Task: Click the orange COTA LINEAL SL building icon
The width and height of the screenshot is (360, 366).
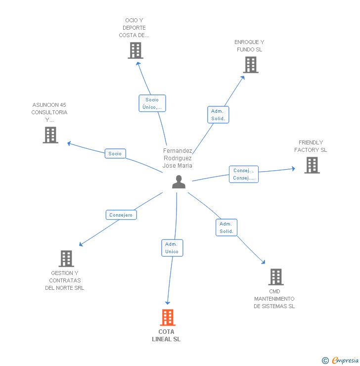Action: click(168, 317)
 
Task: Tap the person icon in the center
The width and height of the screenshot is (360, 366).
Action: click(179, 182)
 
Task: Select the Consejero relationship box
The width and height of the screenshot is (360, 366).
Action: click(121, 215)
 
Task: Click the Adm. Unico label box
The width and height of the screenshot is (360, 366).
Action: click(172, 248)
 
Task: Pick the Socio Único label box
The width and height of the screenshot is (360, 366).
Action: click(152, 103)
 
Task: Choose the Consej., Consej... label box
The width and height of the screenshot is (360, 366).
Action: click(244, 174)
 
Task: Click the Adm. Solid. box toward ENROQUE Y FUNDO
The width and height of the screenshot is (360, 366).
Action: click(218, 115)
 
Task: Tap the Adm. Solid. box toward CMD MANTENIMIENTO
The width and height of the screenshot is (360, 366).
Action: click(226, 228)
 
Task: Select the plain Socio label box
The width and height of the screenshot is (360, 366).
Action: click(115, 153)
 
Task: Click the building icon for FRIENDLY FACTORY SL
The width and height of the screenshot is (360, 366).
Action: click(312, 165)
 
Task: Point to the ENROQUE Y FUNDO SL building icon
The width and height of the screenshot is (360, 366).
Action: click(251, 65)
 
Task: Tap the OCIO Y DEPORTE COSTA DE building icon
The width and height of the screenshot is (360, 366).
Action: click(135, 50)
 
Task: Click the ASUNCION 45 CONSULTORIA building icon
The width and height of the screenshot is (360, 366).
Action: click(50, 135)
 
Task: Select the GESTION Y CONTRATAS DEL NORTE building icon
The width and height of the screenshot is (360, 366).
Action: click(66, 259)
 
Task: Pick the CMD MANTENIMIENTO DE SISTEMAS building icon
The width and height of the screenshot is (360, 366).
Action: click(276, 277)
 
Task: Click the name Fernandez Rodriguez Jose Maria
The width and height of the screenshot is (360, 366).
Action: click(178, 158)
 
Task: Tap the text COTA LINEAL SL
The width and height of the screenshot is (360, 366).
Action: click(166, 335)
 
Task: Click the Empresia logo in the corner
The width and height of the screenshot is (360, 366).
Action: click(340, 361)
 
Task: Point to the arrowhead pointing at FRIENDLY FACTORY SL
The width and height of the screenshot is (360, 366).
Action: click(294, 169)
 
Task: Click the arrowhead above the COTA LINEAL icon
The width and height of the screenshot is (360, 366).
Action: click(168, 303)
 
